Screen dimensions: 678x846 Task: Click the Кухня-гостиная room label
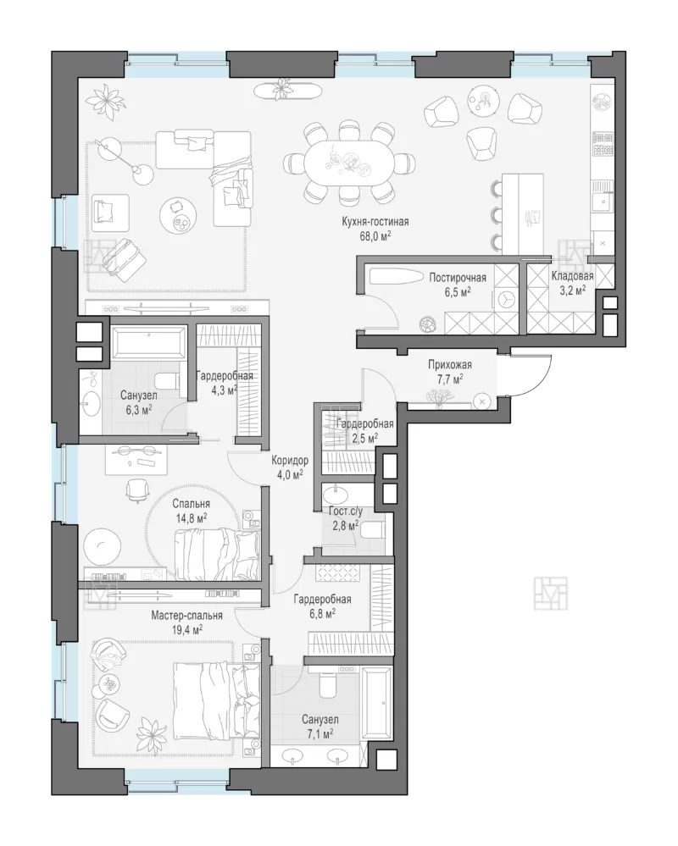point(375,222)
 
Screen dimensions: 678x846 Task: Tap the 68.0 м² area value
point(375,235)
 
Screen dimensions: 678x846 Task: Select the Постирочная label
point(457,278)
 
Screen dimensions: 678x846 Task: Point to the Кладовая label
point(572,276)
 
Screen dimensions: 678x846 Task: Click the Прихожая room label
point(450,365)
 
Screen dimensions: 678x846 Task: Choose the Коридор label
point(290,461)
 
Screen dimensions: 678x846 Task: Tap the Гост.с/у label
point(346,512)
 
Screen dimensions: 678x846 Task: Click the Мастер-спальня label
point(186,615)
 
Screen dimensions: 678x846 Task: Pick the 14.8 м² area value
point(192,518)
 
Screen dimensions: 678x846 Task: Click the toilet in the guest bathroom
point(372,530)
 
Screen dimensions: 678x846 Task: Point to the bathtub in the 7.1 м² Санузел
point(377,704)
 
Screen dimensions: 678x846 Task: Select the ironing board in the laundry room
point(397,278)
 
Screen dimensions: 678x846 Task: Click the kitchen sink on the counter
point(603,203)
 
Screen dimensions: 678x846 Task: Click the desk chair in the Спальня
point(136,490)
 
